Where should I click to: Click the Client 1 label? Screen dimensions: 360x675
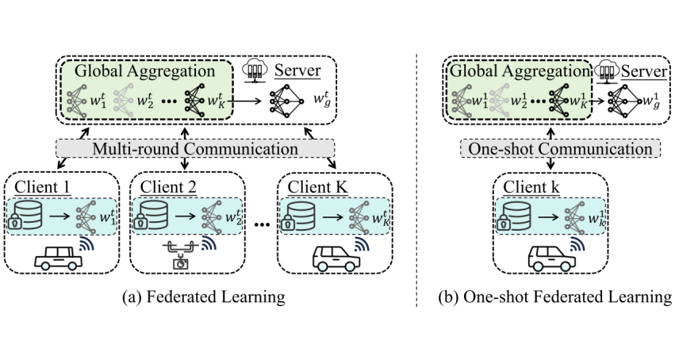coord(40,187)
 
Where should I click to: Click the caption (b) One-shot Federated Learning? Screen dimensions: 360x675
coord(554,297)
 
